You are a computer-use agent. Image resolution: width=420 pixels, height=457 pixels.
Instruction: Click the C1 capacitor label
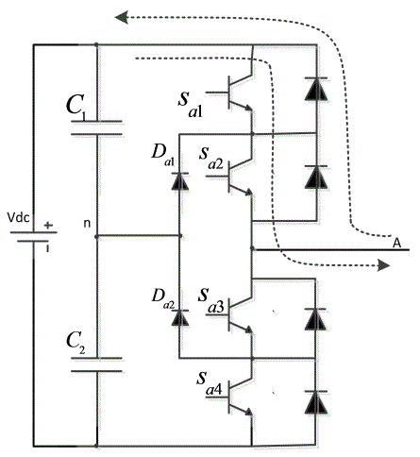point(76,106)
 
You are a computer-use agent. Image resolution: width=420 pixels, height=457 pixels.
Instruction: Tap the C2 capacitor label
point(76,343)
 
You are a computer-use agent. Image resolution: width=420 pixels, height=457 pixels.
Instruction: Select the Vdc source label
point(19,218)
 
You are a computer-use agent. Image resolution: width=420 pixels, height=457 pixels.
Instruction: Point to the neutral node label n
point(87,223)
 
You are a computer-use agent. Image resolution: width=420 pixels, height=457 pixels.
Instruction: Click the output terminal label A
point(397,243)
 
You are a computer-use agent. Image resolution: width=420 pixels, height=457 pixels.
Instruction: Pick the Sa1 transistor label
point(190,104)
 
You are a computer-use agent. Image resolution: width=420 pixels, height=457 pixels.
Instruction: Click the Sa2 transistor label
point(211,158)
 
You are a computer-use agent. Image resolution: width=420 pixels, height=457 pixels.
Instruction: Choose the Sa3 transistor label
point(211,300)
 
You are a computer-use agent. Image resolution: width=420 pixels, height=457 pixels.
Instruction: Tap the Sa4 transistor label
point(210,383)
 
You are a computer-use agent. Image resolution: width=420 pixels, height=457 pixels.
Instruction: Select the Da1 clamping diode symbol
point(180,181)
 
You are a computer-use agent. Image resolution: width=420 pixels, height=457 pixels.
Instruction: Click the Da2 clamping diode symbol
point(180,317)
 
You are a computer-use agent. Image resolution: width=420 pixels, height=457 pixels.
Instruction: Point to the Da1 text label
point(162,154)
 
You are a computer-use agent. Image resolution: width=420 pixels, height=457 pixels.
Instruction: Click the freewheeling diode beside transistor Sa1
point(316,89)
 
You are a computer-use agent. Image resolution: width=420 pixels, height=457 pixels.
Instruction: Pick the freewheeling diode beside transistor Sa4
point(316,402)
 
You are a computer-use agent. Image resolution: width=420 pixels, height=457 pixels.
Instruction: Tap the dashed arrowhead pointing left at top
point(121,17)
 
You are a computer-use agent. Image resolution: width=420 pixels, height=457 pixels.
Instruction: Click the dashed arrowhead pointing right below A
point(384,265)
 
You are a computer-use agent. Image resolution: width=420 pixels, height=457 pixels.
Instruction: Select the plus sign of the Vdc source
point(48,226)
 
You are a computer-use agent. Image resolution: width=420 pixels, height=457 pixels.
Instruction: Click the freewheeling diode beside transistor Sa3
point(316,319)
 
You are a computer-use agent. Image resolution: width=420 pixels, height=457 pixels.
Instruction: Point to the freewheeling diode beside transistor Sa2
point(316,178)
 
